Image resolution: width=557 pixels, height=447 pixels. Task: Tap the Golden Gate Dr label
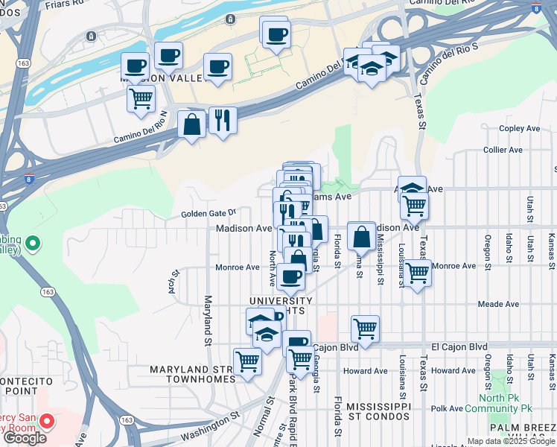[x=209, y=214]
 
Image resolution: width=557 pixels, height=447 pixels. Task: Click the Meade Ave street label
[x=498, y=304]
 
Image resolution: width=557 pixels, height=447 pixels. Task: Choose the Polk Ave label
[x=447, y=408]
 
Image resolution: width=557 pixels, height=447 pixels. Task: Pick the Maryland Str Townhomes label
[x=192, y=374]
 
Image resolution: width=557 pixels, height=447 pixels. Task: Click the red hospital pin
[x=47, y=422]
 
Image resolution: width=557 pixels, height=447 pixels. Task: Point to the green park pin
[x=33, y=244]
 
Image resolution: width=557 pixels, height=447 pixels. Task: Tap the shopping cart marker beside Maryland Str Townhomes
[x=247, y=362]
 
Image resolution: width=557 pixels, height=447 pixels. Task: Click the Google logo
[x=25, y=438]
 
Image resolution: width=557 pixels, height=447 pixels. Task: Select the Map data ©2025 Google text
[x=510, y=441]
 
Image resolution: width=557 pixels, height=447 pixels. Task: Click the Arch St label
[x=172, y=283]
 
